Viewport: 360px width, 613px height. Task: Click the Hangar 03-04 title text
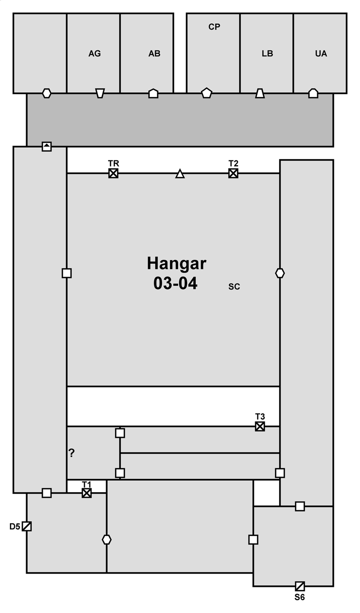tap(177, 273)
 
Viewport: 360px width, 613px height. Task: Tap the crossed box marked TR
tap(113, 173)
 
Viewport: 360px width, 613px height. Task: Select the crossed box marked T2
tap(233, 173)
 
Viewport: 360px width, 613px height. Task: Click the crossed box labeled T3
tap(260, 426)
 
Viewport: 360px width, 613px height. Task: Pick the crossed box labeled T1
tap(87, 493)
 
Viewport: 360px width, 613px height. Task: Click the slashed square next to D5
tap(27, 526)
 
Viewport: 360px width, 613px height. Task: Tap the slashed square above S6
tap(300, 586)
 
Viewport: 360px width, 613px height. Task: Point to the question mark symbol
tap(71, 453)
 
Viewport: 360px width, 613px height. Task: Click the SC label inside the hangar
tap(234, 287)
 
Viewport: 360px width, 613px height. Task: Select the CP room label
tap(214, 27)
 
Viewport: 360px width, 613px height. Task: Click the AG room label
tap(94, 53)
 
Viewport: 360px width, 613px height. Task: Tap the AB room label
tap(154, 53)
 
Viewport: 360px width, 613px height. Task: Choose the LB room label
tap(267, 53)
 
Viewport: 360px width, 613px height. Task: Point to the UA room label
tap(321, 53)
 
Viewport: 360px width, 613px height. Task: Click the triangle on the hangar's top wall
tap(180, 174)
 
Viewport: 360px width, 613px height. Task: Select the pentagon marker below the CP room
tap(207, 93)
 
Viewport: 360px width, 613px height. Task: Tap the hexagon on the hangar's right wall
tap(280, 273)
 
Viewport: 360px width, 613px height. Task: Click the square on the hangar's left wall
tap(67, 273)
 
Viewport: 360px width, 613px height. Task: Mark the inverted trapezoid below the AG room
tap(100, 93)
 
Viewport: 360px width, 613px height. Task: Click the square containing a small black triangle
tap(47, 147)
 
